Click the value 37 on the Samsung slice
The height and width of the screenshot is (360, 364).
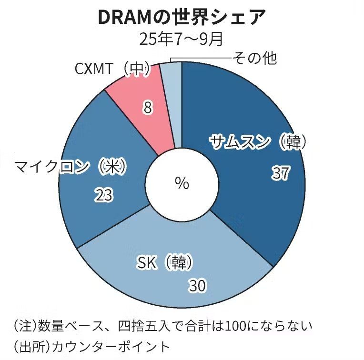(x=281, y=173)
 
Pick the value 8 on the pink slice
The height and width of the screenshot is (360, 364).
(x=148, y=109)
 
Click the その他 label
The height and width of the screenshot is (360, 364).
(x=254, y=58)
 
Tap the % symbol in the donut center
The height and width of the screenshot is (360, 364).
(x=182, y=183)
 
